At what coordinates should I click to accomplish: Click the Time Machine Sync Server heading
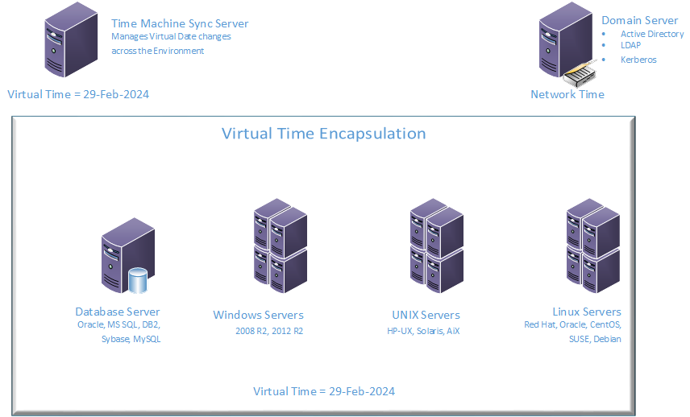(180, 23)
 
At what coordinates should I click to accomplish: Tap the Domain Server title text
(639, 20)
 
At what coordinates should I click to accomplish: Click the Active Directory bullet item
(651, 34)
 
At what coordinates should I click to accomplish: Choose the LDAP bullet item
(630, 46)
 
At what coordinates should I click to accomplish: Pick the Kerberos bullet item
(638, 60)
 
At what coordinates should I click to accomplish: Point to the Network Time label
(567, 94)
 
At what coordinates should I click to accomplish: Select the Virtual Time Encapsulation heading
(323, 134)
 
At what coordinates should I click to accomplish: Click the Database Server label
(118, 312)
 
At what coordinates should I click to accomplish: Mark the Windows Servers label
(258, 315)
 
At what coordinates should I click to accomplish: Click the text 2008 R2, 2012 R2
(269, 331)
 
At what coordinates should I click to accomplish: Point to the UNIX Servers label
(426, 315)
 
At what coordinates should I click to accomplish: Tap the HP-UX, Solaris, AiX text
(423, 331)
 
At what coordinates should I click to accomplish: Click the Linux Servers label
(587, 312)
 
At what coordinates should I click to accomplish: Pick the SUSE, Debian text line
(595, 339)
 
